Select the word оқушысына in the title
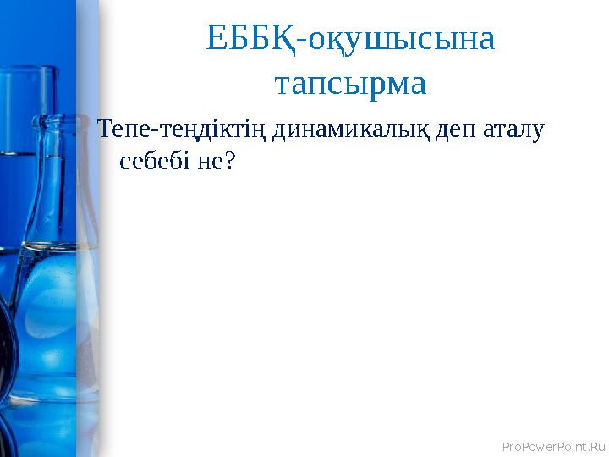point(400,39)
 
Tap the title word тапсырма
point(350,84)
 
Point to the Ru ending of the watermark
point(597,444)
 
